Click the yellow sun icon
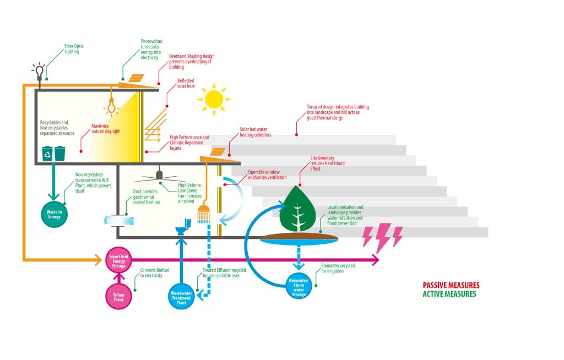click(213, 99)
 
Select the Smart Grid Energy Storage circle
click(119, 260)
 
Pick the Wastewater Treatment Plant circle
click(181, 295)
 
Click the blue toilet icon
click(182, 226)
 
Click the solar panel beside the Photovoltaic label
click(135, 78)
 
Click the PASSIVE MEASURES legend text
click(451, 285)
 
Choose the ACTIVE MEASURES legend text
click(449, 294)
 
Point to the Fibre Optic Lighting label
click(72, 49)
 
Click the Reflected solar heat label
click(186, 83)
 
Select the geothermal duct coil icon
click(119, 219)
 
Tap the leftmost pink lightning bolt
click(368, 236)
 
